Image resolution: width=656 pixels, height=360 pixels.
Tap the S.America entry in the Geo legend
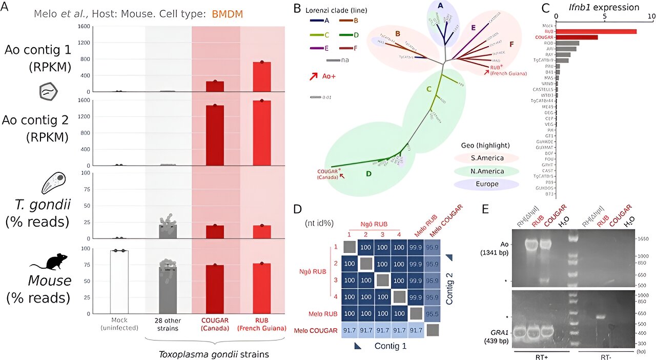pos(486,157)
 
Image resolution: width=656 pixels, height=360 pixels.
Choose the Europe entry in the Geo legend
pos(486,184)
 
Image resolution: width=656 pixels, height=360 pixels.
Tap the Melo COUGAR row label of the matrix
pos(316,331)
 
